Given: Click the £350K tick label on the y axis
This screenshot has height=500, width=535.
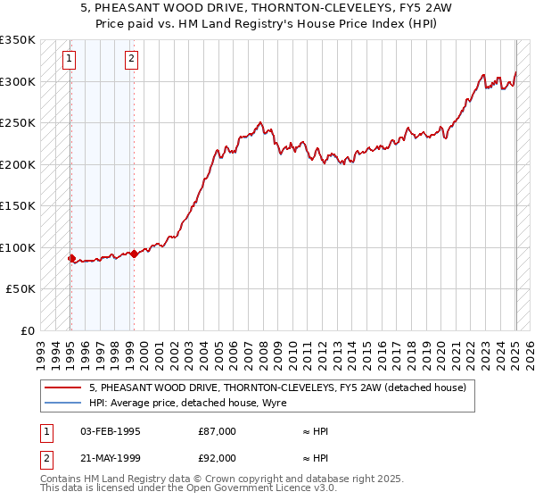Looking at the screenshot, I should [x=18, y=40].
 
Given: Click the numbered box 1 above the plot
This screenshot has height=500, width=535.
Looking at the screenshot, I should [x=70, y=60].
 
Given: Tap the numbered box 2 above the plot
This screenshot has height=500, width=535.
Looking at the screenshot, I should [x=131, y=60].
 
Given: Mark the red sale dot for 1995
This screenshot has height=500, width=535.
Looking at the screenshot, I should [x=71, y=259].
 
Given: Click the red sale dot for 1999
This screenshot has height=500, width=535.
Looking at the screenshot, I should [x=134, y=254].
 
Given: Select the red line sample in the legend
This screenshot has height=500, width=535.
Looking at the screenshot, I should [x=63, y=388].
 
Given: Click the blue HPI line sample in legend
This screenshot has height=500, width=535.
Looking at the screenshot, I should [x=63, y=404].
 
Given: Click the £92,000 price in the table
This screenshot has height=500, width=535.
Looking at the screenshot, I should [x=217, y=457].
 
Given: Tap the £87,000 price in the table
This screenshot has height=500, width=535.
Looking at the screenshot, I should [x=217, y=431].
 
